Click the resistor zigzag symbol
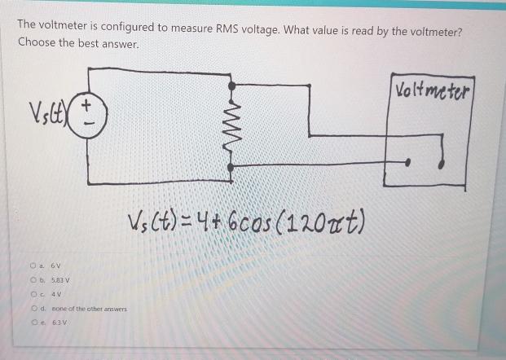233,125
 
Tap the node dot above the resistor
233,85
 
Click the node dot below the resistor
233,166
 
